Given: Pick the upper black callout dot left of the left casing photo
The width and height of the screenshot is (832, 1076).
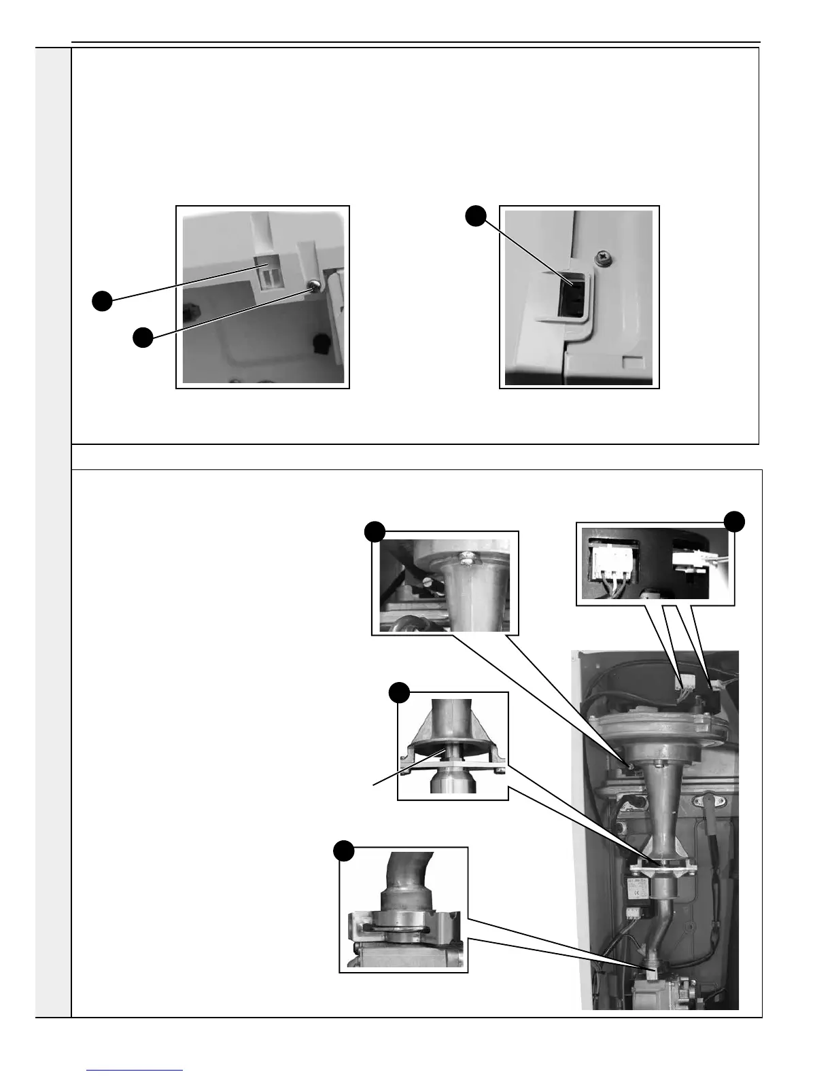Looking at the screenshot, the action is click(102, 301).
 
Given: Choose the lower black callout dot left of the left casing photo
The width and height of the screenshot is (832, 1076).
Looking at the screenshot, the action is click(142, 338).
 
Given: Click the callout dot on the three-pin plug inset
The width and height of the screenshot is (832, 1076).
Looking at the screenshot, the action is click(734, 522).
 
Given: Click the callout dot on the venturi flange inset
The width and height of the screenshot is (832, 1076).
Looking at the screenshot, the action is click(399, 693).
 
